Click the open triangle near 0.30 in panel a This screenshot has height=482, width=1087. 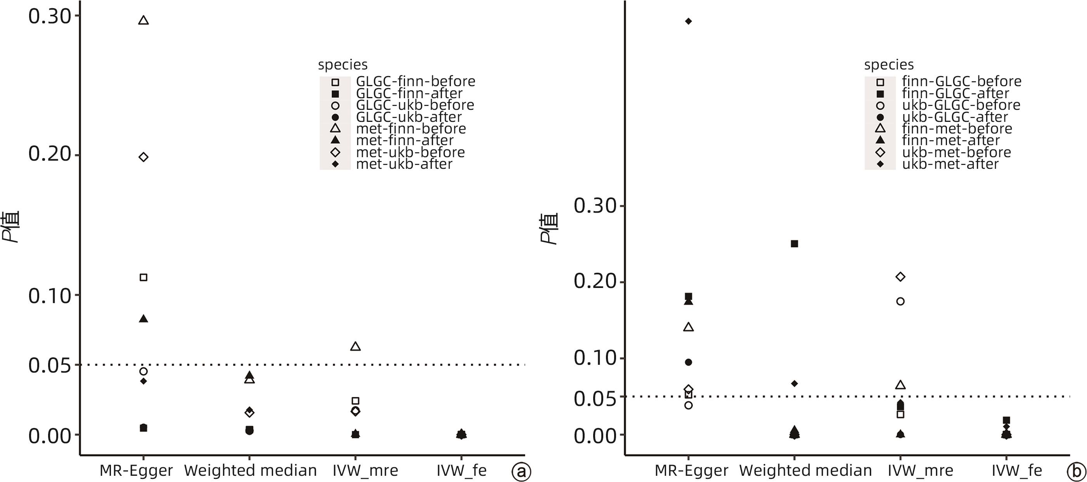tap(144, 20)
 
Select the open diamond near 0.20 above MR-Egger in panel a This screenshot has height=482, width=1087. tap(144, 157)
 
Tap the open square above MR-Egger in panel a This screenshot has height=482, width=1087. tap(144, 277)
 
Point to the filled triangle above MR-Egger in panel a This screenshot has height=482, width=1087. tap(144, 319)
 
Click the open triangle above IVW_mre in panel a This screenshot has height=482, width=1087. tap(355, 347)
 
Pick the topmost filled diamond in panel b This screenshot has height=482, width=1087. tap(688, 21)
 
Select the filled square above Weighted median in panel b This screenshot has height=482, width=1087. tap(794, 244)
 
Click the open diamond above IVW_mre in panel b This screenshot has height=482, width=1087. tap(900, 277)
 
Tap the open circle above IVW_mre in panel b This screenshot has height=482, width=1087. tap(900, 302)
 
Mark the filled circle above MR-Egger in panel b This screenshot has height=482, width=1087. tap(688, 362)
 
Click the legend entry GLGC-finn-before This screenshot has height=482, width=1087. tap(415, 81)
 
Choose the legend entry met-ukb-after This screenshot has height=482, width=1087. tap(404, 164)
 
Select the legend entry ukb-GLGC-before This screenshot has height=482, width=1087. tap(961, 105)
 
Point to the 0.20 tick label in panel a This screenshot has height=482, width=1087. tap(49, 154)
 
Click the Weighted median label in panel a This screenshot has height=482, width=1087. tap(250, 470)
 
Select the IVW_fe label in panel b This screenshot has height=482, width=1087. tap(1016, 470)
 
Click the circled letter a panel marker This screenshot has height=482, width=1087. tap(521, 472)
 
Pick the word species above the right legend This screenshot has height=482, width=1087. tap(889, 64)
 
